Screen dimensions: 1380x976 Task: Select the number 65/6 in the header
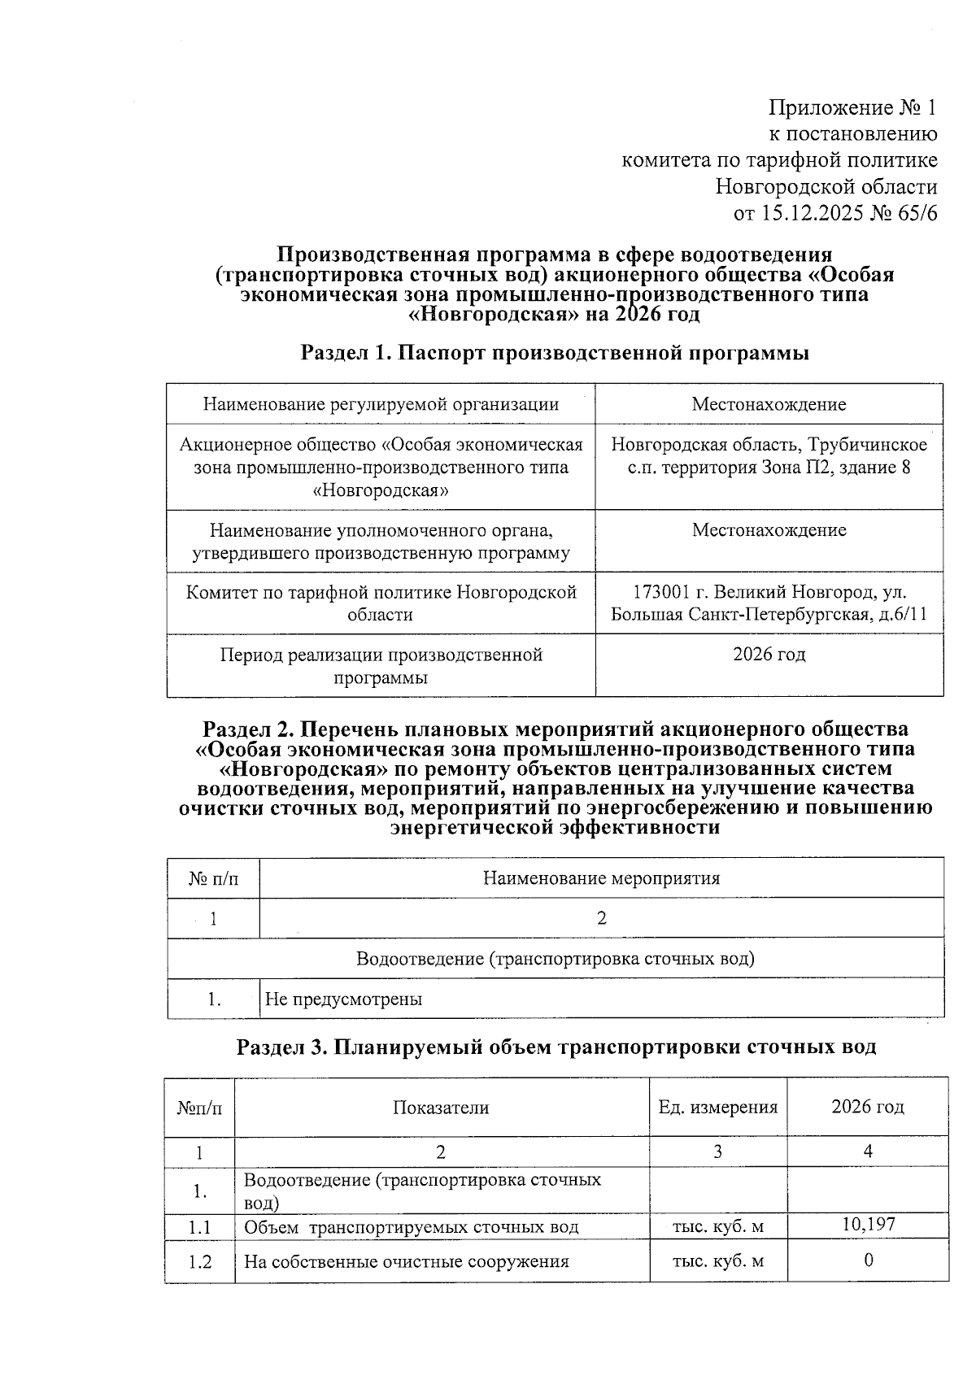point(914,214)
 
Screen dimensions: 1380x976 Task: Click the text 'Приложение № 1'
point(853,107)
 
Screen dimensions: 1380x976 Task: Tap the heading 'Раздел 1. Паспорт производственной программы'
point(555,353)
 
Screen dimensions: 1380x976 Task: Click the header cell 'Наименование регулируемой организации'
point(381,404)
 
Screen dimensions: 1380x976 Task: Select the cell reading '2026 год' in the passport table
point(769,655)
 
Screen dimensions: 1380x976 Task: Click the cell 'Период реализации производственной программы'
point(381,666)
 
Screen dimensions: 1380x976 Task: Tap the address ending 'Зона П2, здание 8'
point(769,468)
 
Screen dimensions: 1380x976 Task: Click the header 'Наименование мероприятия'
point(601,878)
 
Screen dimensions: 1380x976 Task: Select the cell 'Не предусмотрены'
point(343,999)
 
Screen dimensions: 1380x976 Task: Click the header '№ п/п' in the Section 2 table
point(213,878)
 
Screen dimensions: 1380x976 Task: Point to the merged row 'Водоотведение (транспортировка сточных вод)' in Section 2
point(555,959)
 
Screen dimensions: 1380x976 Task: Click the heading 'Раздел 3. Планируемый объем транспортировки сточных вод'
point(556,1047)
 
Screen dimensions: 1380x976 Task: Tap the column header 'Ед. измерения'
point(717,1108)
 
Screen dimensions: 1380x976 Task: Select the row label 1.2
point(199,1262)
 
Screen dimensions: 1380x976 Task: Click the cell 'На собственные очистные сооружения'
point(406,1262)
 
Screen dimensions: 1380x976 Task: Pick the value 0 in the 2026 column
point(868,1260)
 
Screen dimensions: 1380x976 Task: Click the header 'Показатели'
point(441,1108)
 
